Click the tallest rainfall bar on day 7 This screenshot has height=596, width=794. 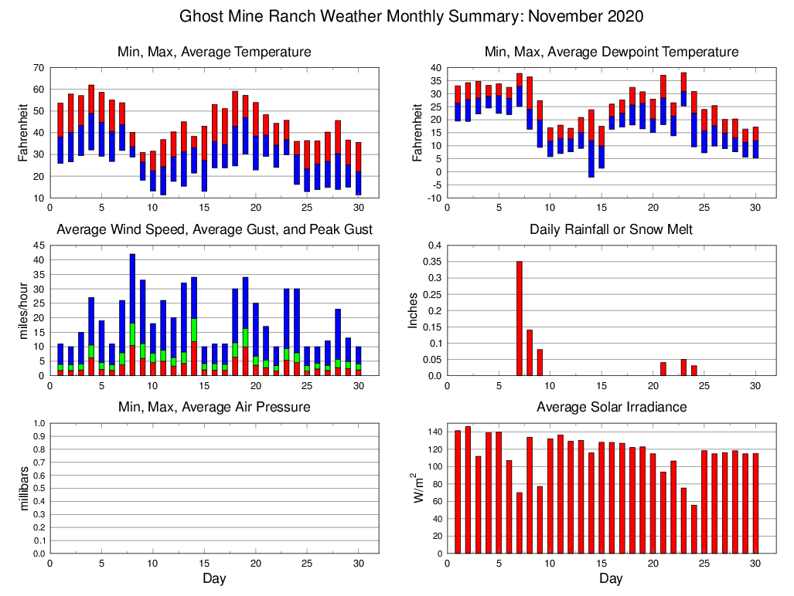(x=520, y=318)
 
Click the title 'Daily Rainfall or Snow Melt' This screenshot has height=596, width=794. (x=611, y=229)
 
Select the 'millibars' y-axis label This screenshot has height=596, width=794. (x=23, y=488)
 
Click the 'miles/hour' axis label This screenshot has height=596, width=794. (x=23, y=310)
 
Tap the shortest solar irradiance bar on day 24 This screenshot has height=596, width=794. (x=694, y=529)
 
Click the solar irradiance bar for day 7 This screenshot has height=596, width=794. (x=520, y=523)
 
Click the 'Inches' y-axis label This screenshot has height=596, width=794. (x=414, y=310)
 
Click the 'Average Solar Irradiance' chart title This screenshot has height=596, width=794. (x=611, y=407)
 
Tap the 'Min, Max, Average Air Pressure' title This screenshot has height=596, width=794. (x=213, y=407)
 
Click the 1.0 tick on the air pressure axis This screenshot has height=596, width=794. (x=36, y=423)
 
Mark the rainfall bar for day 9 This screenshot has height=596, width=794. (x=540, y=362)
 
